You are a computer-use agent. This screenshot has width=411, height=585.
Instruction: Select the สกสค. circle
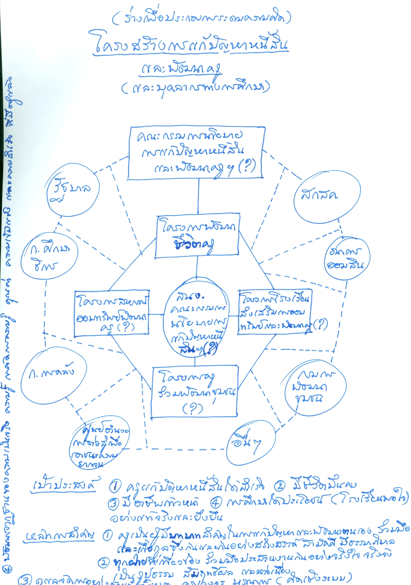coord(327,197)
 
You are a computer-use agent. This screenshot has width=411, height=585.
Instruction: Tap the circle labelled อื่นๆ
coord(251,442)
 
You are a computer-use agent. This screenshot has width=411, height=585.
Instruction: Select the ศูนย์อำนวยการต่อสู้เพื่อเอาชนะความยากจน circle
coord(99,445)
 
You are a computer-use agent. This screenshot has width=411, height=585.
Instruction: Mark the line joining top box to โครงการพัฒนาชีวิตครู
coord(198,196)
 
